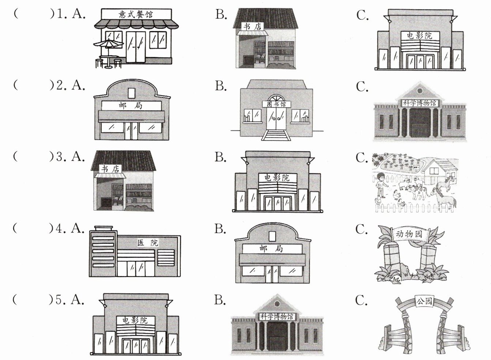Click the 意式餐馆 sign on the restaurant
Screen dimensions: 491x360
coord(136,14)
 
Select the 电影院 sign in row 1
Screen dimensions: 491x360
coord(419,36)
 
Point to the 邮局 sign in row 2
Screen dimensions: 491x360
coord(131,105)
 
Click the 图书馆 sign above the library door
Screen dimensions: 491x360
coord(276,104)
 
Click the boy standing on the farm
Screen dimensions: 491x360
coord(381,186)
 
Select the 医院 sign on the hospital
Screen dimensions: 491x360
coord(148,242)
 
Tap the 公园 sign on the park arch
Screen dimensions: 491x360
coord(424,302)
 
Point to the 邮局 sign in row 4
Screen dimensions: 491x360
coord(271,249)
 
